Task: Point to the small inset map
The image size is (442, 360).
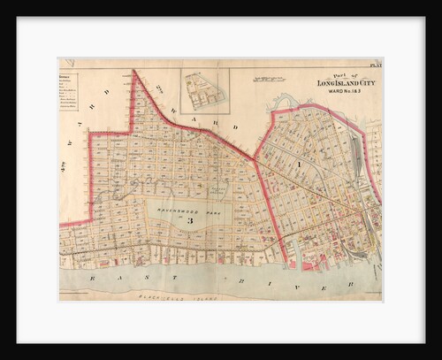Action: point(204,91)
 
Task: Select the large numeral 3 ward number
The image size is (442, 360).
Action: point(178,220)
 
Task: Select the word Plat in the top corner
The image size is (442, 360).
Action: point(375,65)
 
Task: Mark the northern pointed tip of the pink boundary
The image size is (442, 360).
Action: point(133,71)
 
